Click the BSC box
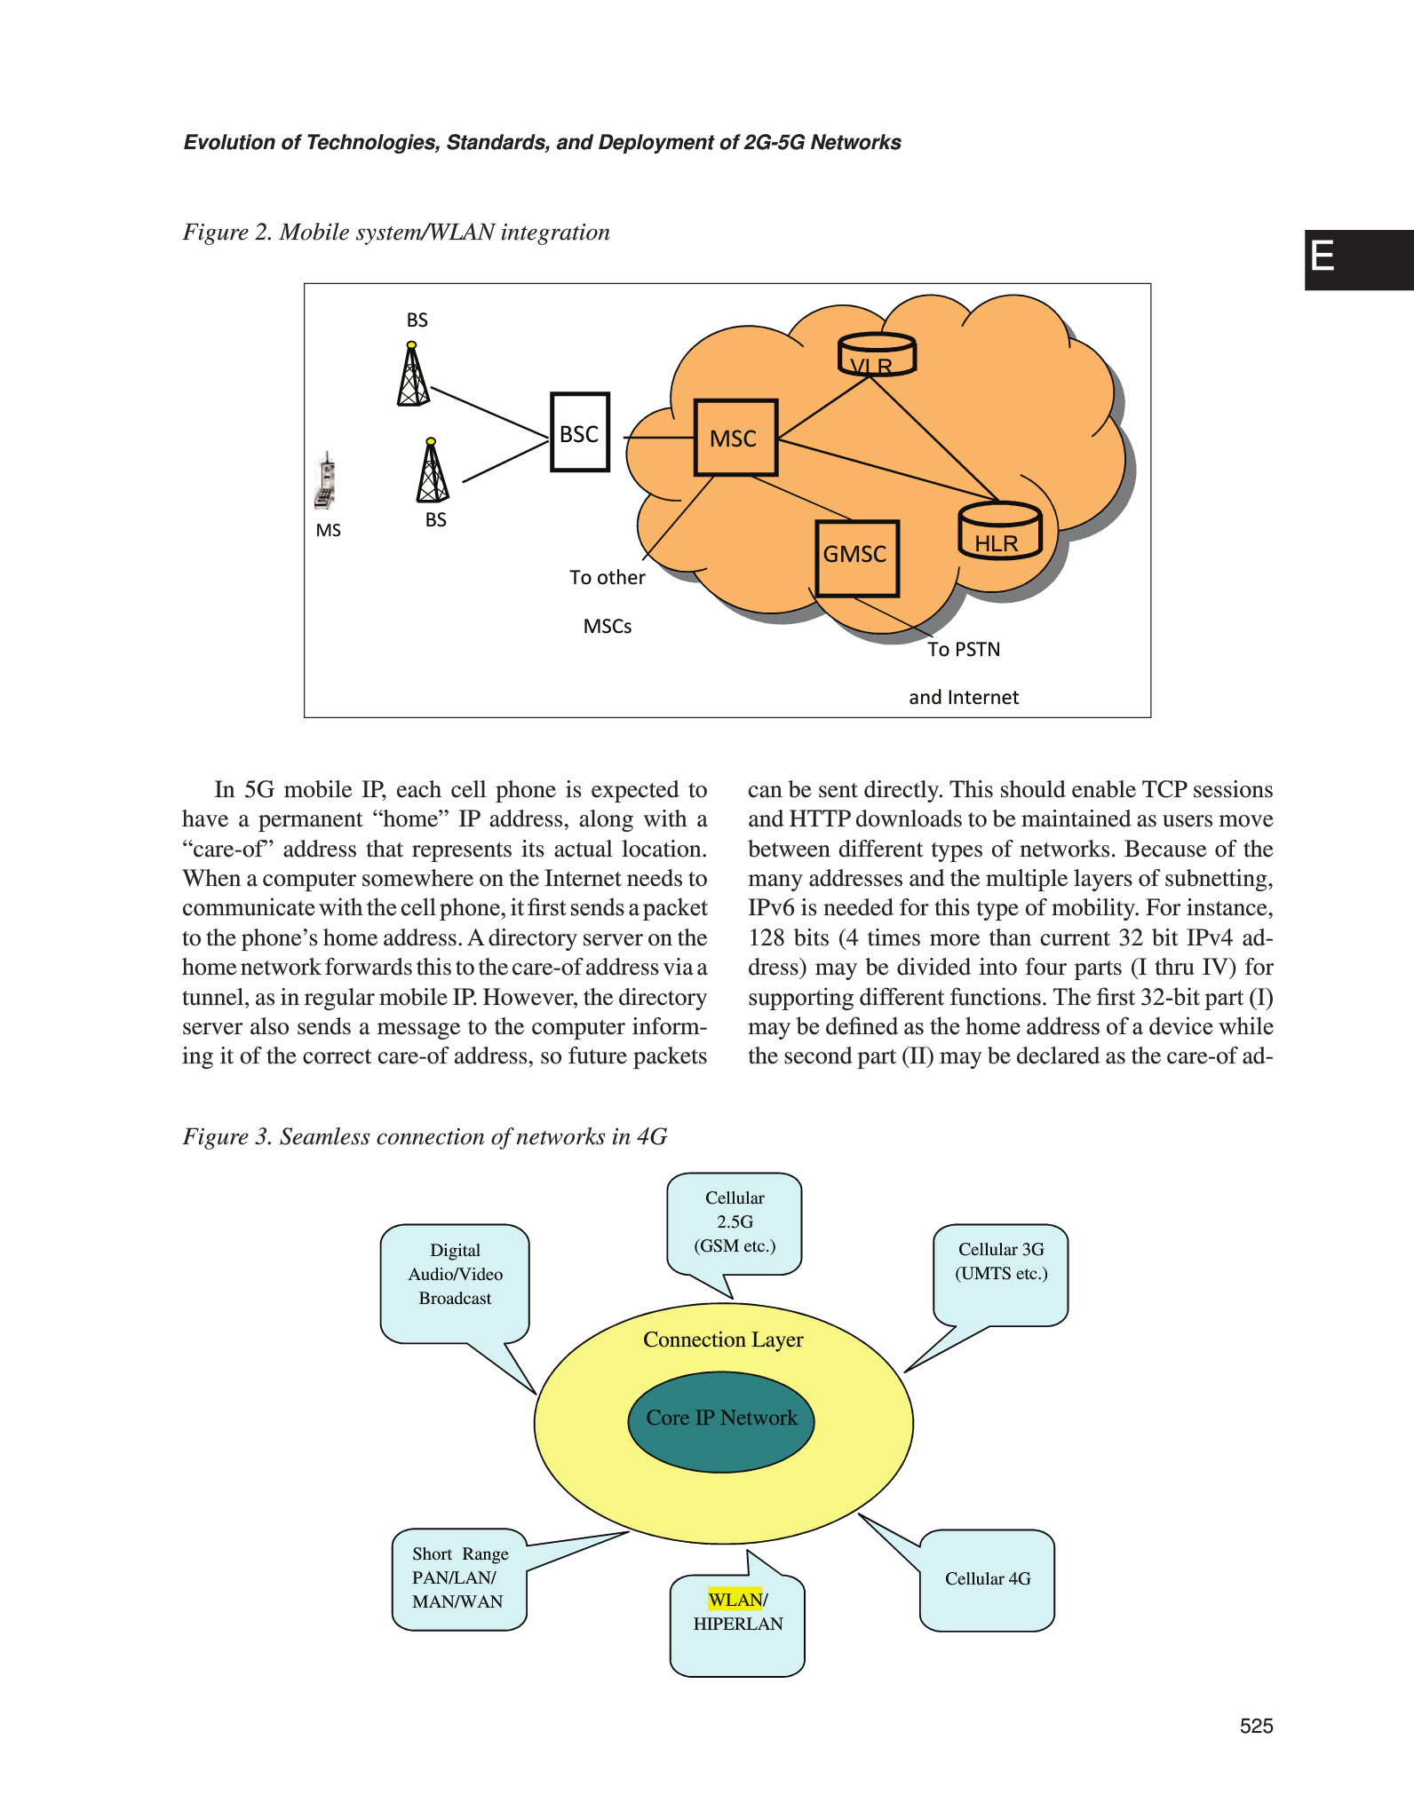[579, 432]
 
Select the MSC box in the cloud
[735, 438]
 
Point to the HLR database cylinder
[999, 532]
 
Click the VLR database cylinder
[877, 355]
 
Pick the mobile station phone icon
[327, 482]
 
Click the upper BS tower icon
[412, 375]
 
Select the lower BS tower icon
[433, 471]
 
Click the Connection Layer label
[723, 1340]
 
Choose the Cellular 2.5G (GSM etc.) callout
[735, 1223]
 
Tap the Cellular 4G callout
[988, 1579]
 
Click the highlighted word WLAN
[735, 1600]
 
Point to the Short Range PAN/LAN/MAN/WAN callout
[459, 1578]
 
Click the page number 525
[1256, 1726]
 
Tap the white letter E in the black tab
[1323, 257]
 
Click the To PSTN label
[964, 649]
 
